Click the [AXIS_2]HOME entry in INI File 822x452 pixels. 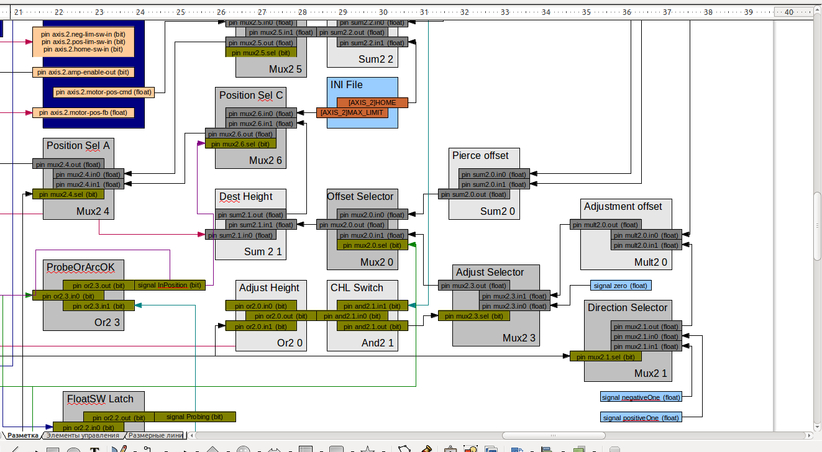click(x=372, y=102)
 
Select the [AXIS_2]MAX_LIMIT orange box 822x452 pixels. click(x=352, y=113)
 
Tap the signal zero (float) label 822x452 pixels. click(x=621, y=286)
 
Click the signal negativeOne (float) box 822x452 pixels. click(x=641, y=397)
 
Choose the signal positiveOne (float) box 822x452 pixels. click(x=641, y=418)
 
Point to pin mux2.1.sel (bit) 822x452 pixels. click(x=605, y=356)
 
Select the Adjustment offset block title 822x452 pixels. click(x=623, y=207)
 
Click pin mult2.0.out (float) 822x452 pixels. click(x=605, y=225)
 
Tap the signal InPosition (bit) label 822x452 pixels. click(x=170, y=286)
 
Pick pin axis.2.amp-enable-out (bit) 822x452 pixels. click(x=83, y=72)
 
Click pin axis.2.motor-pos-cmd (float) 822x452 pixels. click(x=103, y=93)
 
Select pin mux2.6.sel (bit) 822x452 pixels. click(x=240, y=144)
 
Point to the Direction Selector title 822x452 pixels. click(x=627, y=308)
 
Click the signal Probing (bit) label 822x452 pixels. click(x=194, y=417)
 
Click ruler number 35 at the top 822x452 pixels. click(x=587, y=12)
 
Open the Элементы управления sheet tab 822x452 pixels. click(x=82, y=436)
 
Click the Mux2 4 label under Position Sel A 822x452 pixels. click(x=93, y=212)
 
